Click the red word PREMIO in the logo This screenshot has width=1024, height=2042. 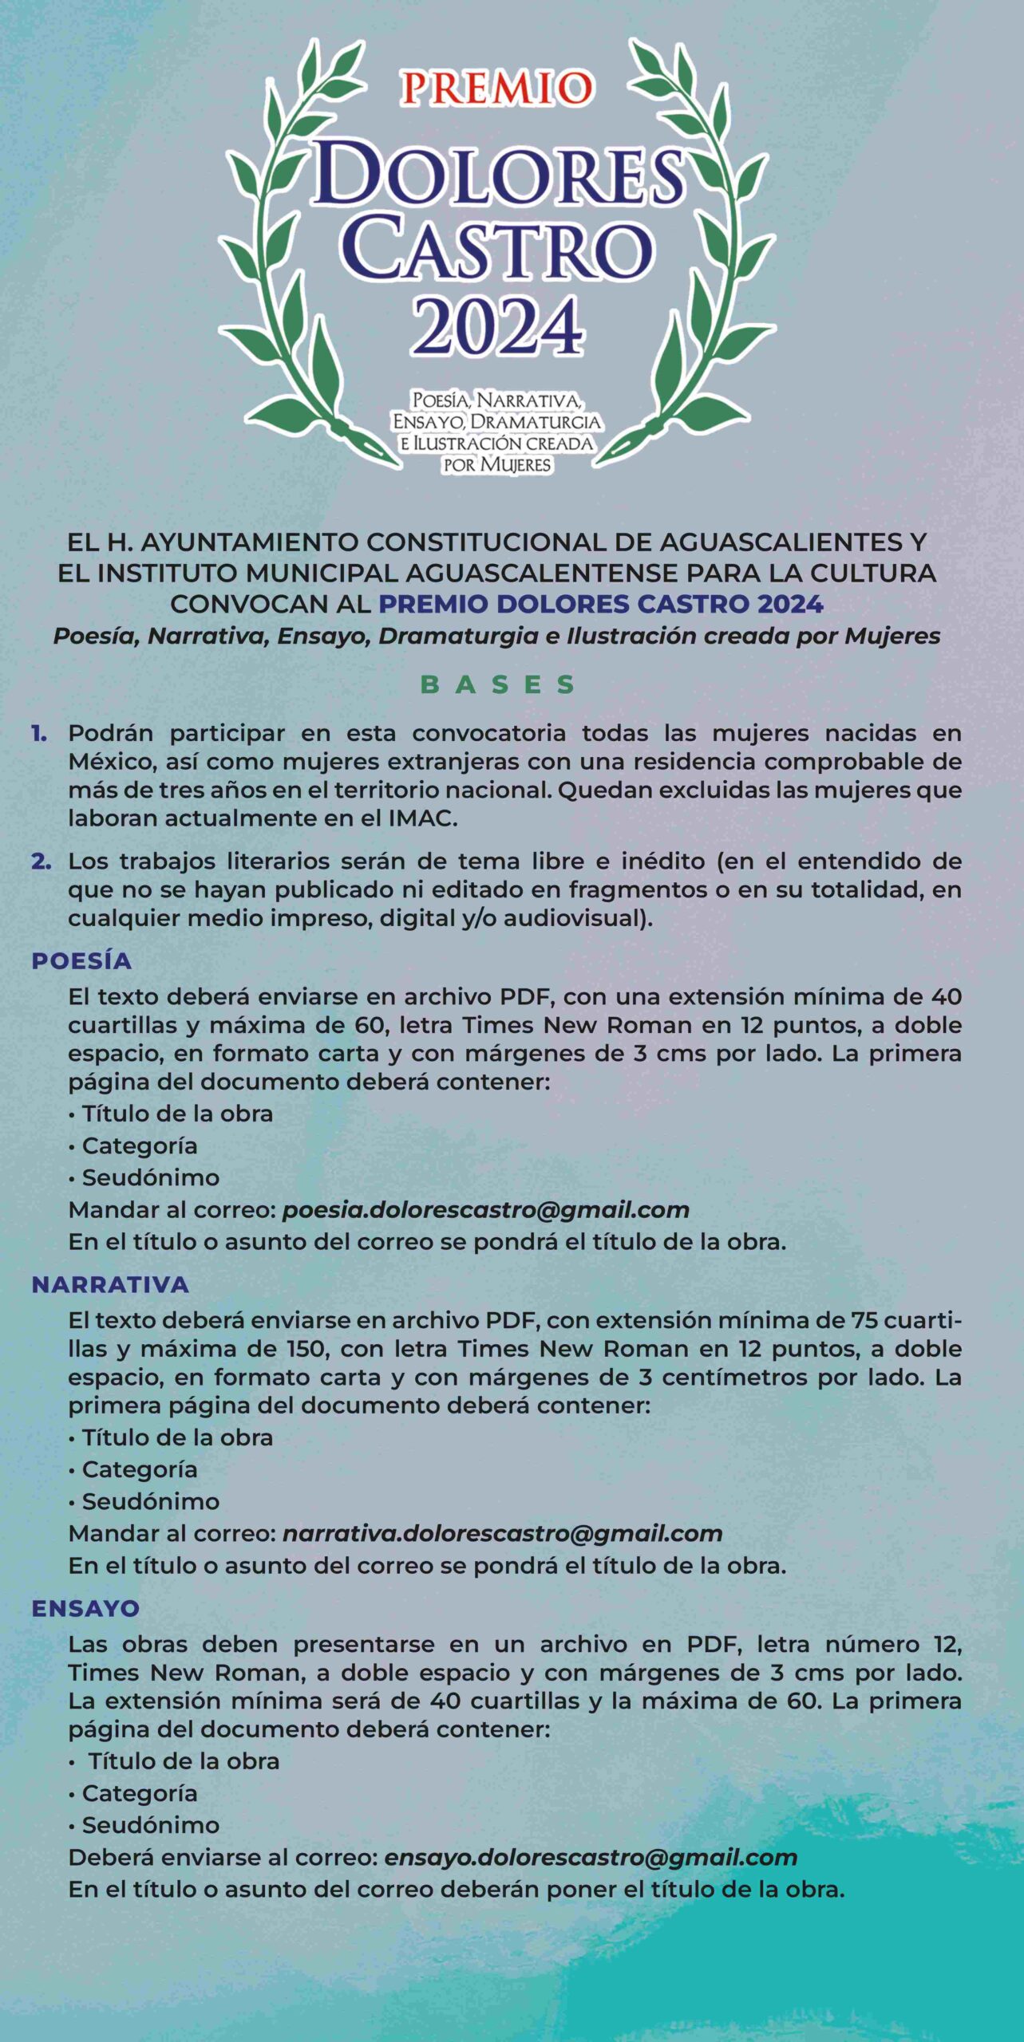tap(497, 88)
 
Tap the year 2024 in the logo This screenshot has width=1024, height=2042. tap(497, 326)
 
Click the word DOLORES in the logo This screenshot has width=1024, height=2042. tap(499, 174)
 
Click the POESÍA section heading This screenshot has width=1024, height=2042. tap(81, 960)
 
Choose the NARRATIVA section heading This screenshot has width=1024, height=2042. tap(110, 1284)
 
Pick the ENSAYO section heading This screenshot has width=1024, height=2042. tap(85, 1608)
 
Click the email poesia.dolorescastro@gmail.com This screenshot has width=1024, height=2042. tap(486, 1209)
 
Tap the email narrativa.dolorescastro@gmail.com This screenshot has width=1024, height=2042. tap(503, 1533)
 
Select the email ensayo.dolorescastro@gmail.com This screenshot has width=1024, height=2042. tap(591, 1857)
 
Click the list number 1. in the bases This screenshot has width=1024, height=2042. tap(39, 733)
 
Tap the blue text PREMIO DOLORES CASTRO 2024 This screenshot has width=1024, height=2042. tap(600, 604)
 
